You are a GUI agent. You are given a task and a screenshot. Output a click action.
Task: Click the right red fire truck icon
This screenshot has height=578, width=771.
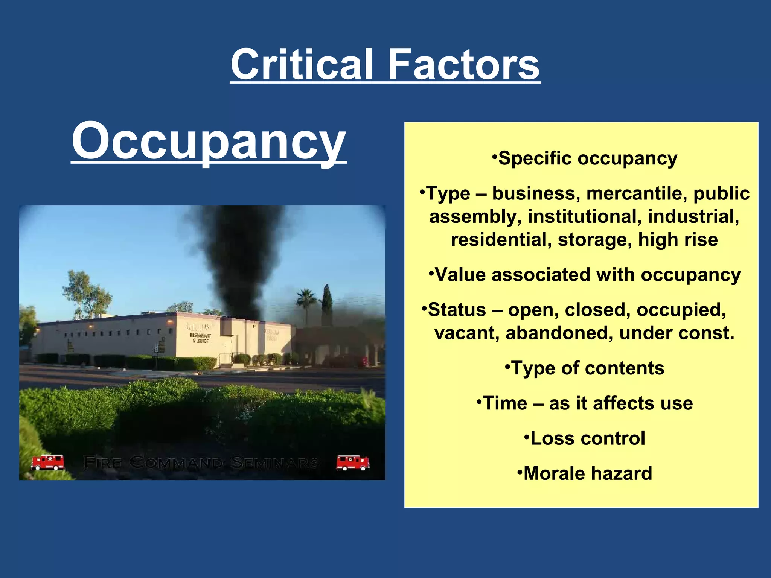(353, 462)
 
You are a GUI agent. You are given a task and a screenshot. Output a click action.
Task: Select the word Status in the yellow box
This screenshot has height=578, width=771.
(457, 310)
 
